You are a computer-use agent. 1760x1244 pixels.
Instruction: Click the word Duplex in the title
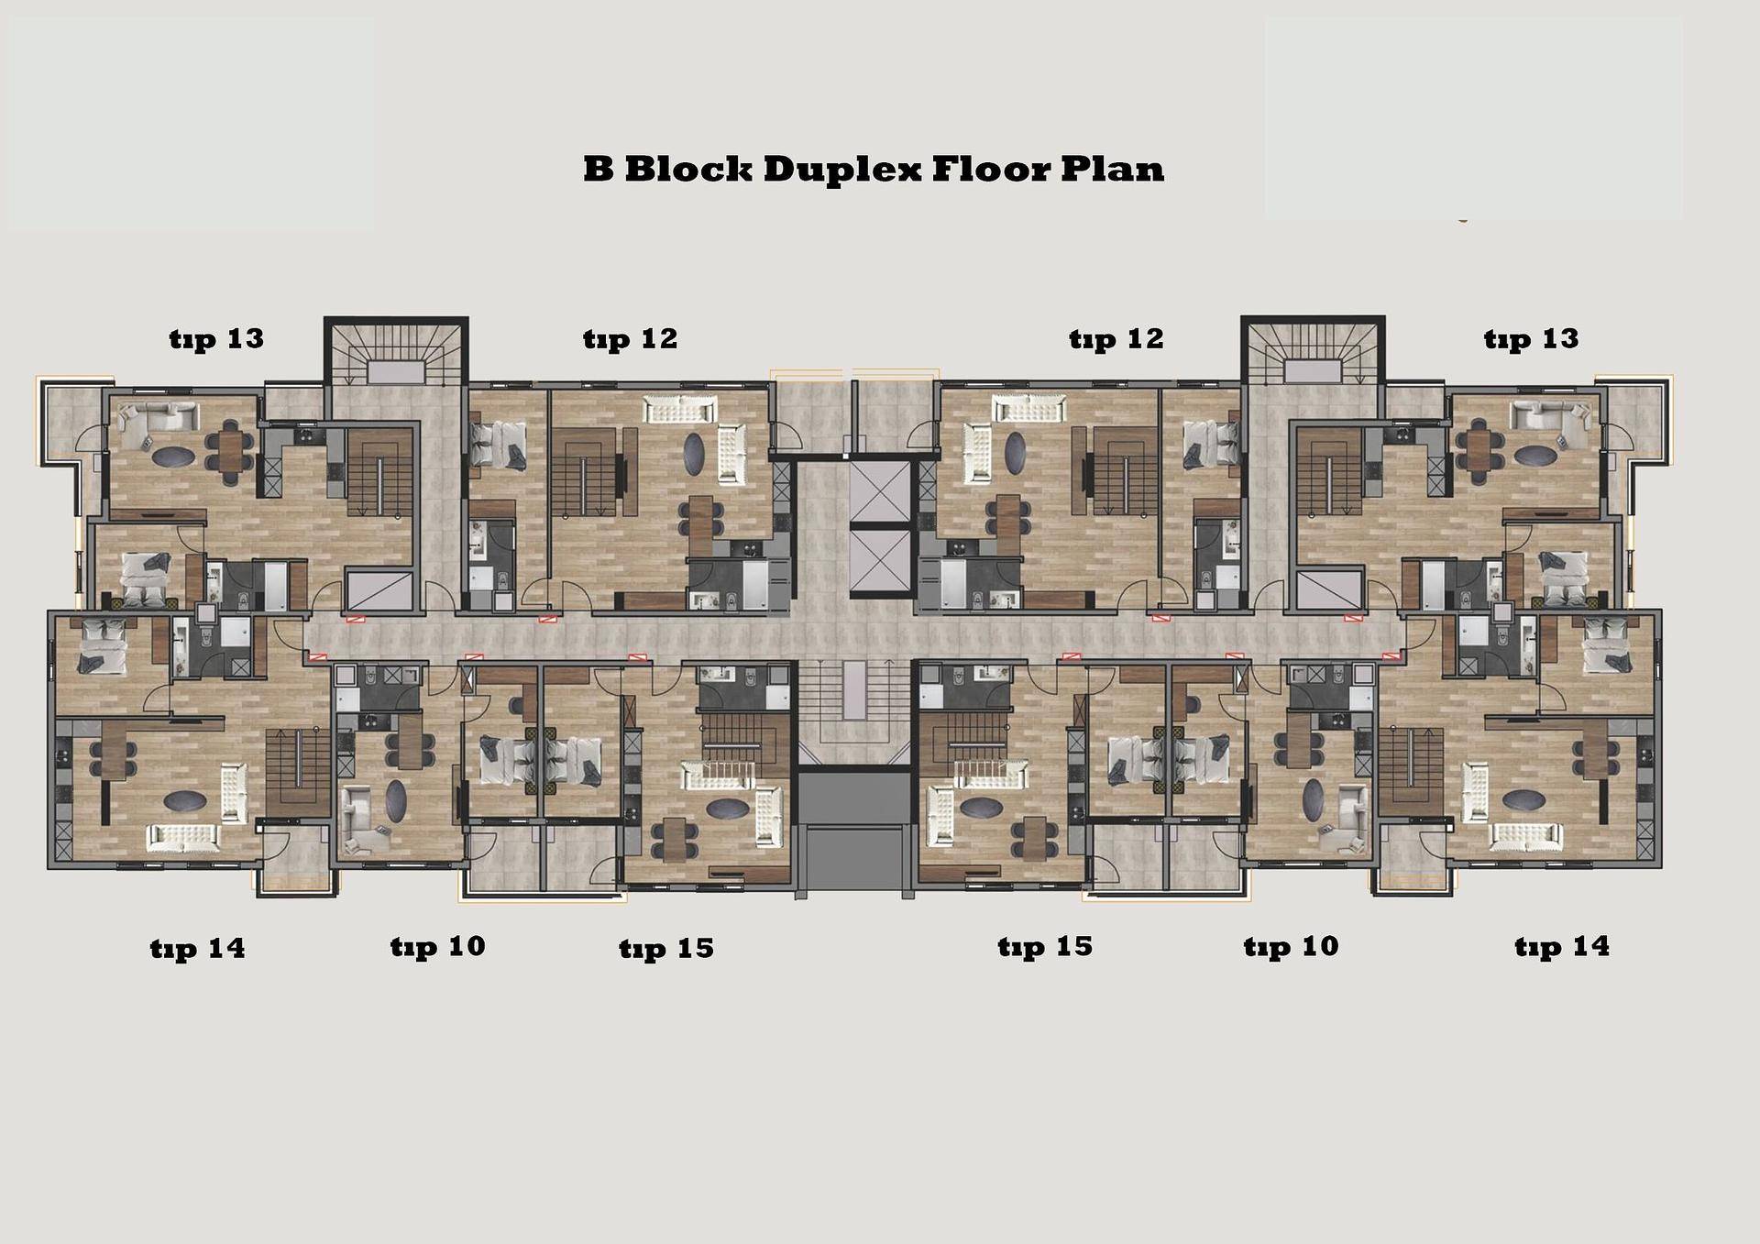(x=841, y=171)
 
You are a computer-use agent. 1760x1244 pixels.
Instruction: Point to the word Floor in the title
(x=991, y=169)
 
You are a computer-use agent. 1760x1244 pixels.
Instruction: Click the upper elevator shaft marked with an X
(x=882, y=492)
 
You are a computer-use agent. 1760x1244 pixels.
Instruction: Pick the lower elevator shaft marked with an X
(x=882, y=564)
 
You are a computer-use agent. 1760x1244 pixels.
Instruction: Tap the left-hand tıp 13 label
(x=216, y=340)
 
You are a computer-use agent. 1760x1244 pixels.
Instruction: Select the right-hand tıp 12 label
(x=1116, y=340)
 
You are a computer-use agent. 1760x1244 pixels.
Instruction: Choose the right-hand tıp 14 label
(x=1562, y=947)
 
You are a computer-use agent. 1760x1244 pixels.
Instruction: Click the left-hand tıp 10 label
(x=437, y=947)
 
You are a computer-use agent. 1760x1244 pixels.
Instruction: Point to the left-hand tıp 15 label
(x=666, y=949)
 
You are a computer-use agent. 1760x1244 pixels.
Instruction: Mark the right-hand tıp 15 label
(x=1045, y=947)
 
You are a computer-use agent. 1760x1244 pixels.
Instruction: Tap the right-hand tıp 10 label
(x=1291, y=947)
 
